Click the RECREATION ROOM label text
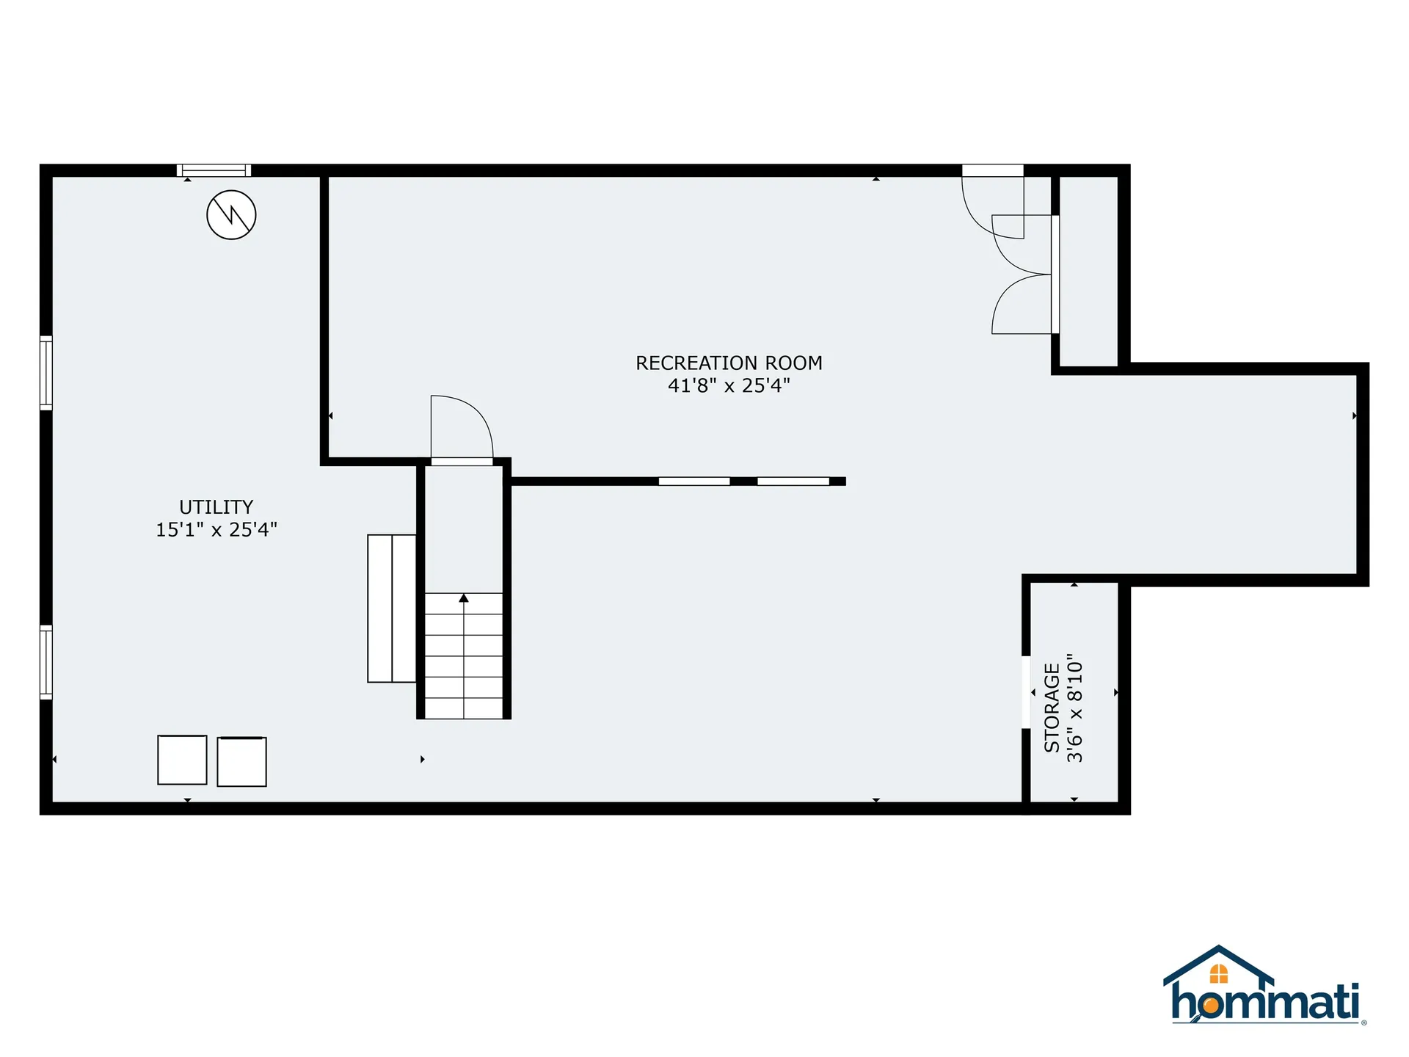[728, 363]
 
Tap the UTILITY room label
[216, 507]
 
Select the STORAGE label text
[1052, 708]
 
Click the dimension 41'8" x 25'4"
[728, 385]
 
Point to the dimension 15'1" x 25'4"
[216, 529]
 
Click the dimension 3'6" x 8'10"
[1074, 708]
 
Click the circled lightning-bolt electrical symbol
[231, 215]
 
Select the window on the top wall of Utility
[214, 170]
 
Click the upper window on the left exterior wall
[46, 372]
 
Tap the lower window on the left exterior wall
[46, 662]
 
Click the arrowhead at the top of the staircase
[464, 598]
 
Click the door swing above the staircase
[461, 429]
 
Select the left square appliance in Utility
[182, 760]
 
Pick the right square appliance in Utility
[241, 762]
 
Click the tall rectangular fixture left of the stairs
[392, 609]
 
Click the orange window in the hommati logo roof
[1218, 973]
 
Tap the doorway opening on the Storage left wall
[1026, 691]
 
